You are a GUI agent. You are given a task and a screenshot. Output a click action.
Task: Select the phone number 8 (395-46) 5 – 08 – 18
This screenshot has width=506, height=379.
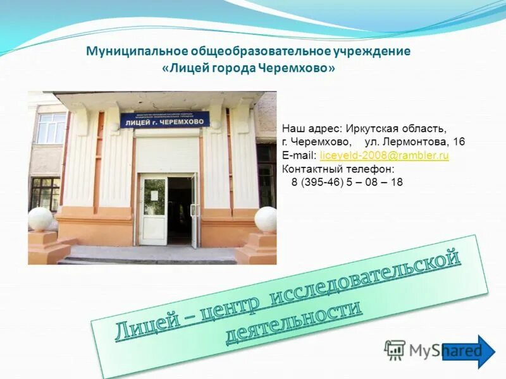(347, 182)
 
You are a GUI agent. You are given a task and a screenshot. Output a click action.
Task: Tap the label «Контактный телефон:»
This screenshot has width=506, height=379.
(338, 169)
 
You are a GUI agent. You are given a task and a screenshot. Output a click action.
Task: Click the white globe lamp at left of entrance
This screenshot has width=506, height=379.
(40, 219)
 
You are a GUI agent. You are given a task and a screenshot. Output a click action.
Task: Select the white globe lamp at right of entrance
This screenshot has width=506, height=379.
(266, 219)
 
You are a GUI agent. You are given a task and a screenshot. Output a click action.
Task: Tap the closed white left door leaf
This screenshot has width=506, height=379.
(153, 210)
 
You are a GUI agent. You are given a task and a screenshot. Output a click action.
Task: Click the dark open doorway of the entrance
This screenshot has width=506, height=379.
(180, 210)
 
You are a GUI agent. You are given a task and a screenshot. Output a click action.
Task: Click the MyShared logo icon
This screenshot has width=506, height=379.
(395, 349)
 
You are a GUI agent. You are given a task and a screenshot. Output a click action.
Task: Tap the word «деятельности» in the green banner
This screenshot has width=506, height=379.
(293, 322)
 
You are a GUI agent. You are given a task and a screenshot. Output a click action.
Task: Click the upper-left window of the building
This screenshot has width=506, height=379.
(51, 128)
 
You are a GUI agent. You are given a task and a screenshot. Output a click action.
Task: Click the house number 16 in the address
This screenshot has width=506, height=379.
(459, 142)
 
